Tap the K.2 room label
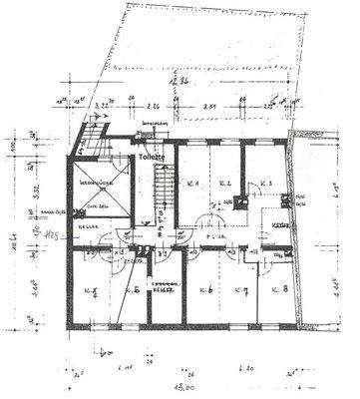tap(226, 184)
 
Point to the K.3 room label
tap(266, 184)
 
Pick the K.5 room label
tap(132, 291)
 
